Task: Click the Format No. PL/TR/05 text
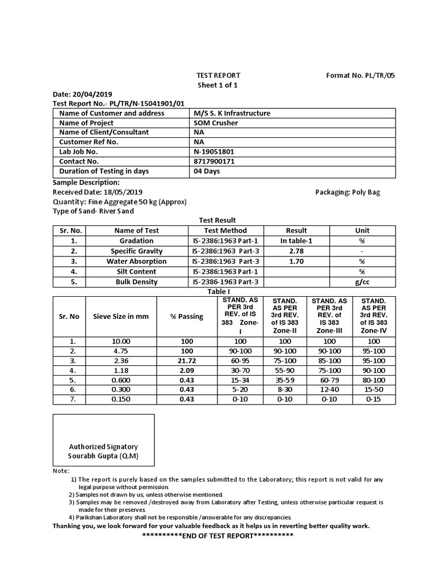(x=359, y=75)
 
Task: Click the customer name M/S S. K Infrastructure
(x=232, y=113)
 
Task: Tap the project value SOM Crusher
(x=216, y=123)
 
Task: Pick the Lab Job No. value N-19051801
(x=214, y=151)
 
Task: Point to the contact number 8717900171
(x=214, y=161)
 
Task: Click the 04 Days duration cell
(x=207, y=171)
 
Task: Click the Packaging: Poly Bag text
(x=347, y=192)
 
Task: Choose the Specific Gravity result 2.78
(x=296, y=251)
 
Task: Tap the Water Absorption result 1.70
(x=296, y=261)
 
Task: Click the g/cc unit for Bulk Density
(x=362, y=281)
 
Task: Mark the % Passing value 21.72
(x=186, y=360)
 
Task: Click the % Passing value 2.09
(x=186, y=370)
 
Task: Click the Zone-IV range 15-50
(x=374, y=389)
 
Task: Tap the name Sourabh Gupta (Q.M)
(x=103, y=456)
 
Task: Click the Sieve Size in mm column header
(x=120, y=316)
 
